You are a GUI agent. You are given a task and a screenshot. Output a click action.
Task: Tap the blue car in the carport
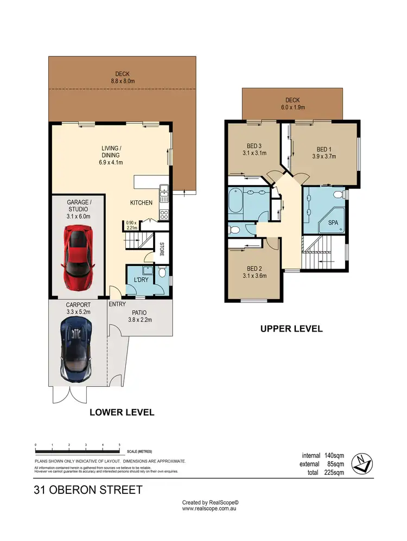[75, 348]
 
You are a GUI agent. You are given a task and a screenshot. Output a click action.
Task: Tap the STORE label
[162, 253]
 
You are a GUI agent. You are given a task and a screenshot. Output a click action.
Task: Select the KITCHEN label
[141, 203]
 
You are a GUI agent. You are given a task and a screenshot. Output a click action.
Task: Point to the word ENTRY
[117, 304]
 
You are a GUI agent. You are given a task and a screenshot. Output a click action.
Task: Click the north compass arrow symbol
[361, 462]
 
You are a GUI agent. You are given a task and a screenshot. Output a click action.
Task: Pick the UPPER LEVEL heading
[291, 329]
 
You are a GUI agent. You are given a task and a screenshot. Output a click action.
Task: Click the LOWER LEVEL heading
[122, 412]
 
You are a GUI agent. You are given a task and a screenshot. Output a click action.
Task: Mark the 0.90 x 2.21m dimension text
[130, 225]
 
